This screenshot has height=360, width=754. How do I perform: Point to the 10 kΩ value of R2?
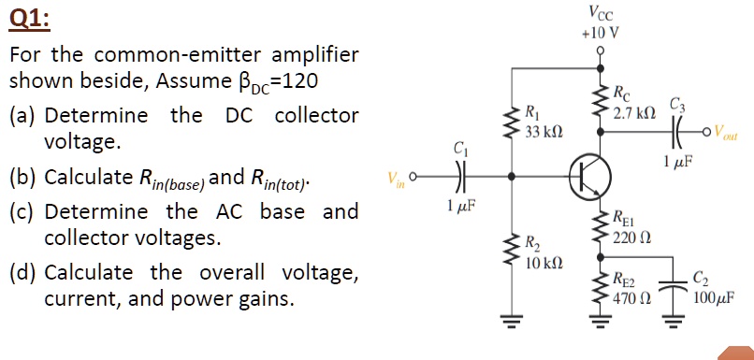point(544,264)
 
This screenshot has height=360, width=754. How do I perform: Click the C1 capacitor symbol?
point(458,175)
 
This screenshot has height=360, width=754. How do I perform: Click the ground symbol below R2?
point(510,325)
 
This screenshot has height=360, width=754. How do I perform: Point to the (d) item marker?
point(22,274)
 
